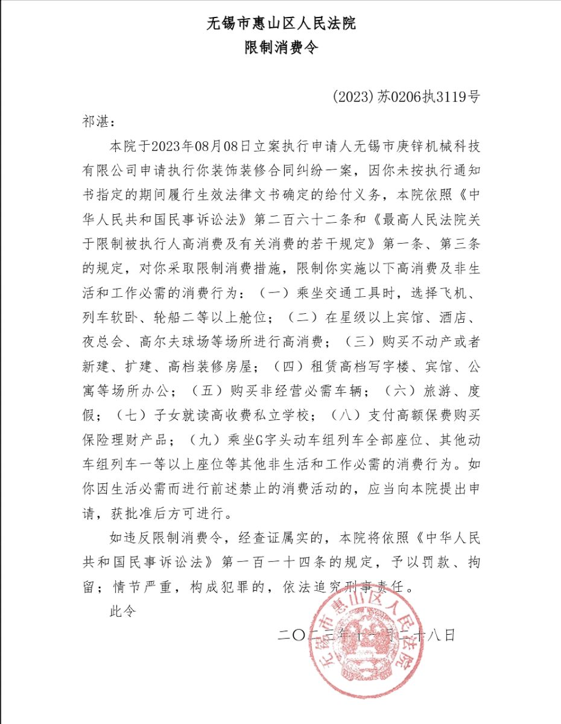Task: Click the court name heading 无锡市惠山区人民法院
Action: tap(280, 24)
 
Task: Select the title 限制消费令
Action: tap(280, 48)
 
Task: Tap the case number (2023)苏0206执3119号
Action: tap(406, 97)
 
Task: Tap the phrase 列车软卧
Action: tap(109, 317)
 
